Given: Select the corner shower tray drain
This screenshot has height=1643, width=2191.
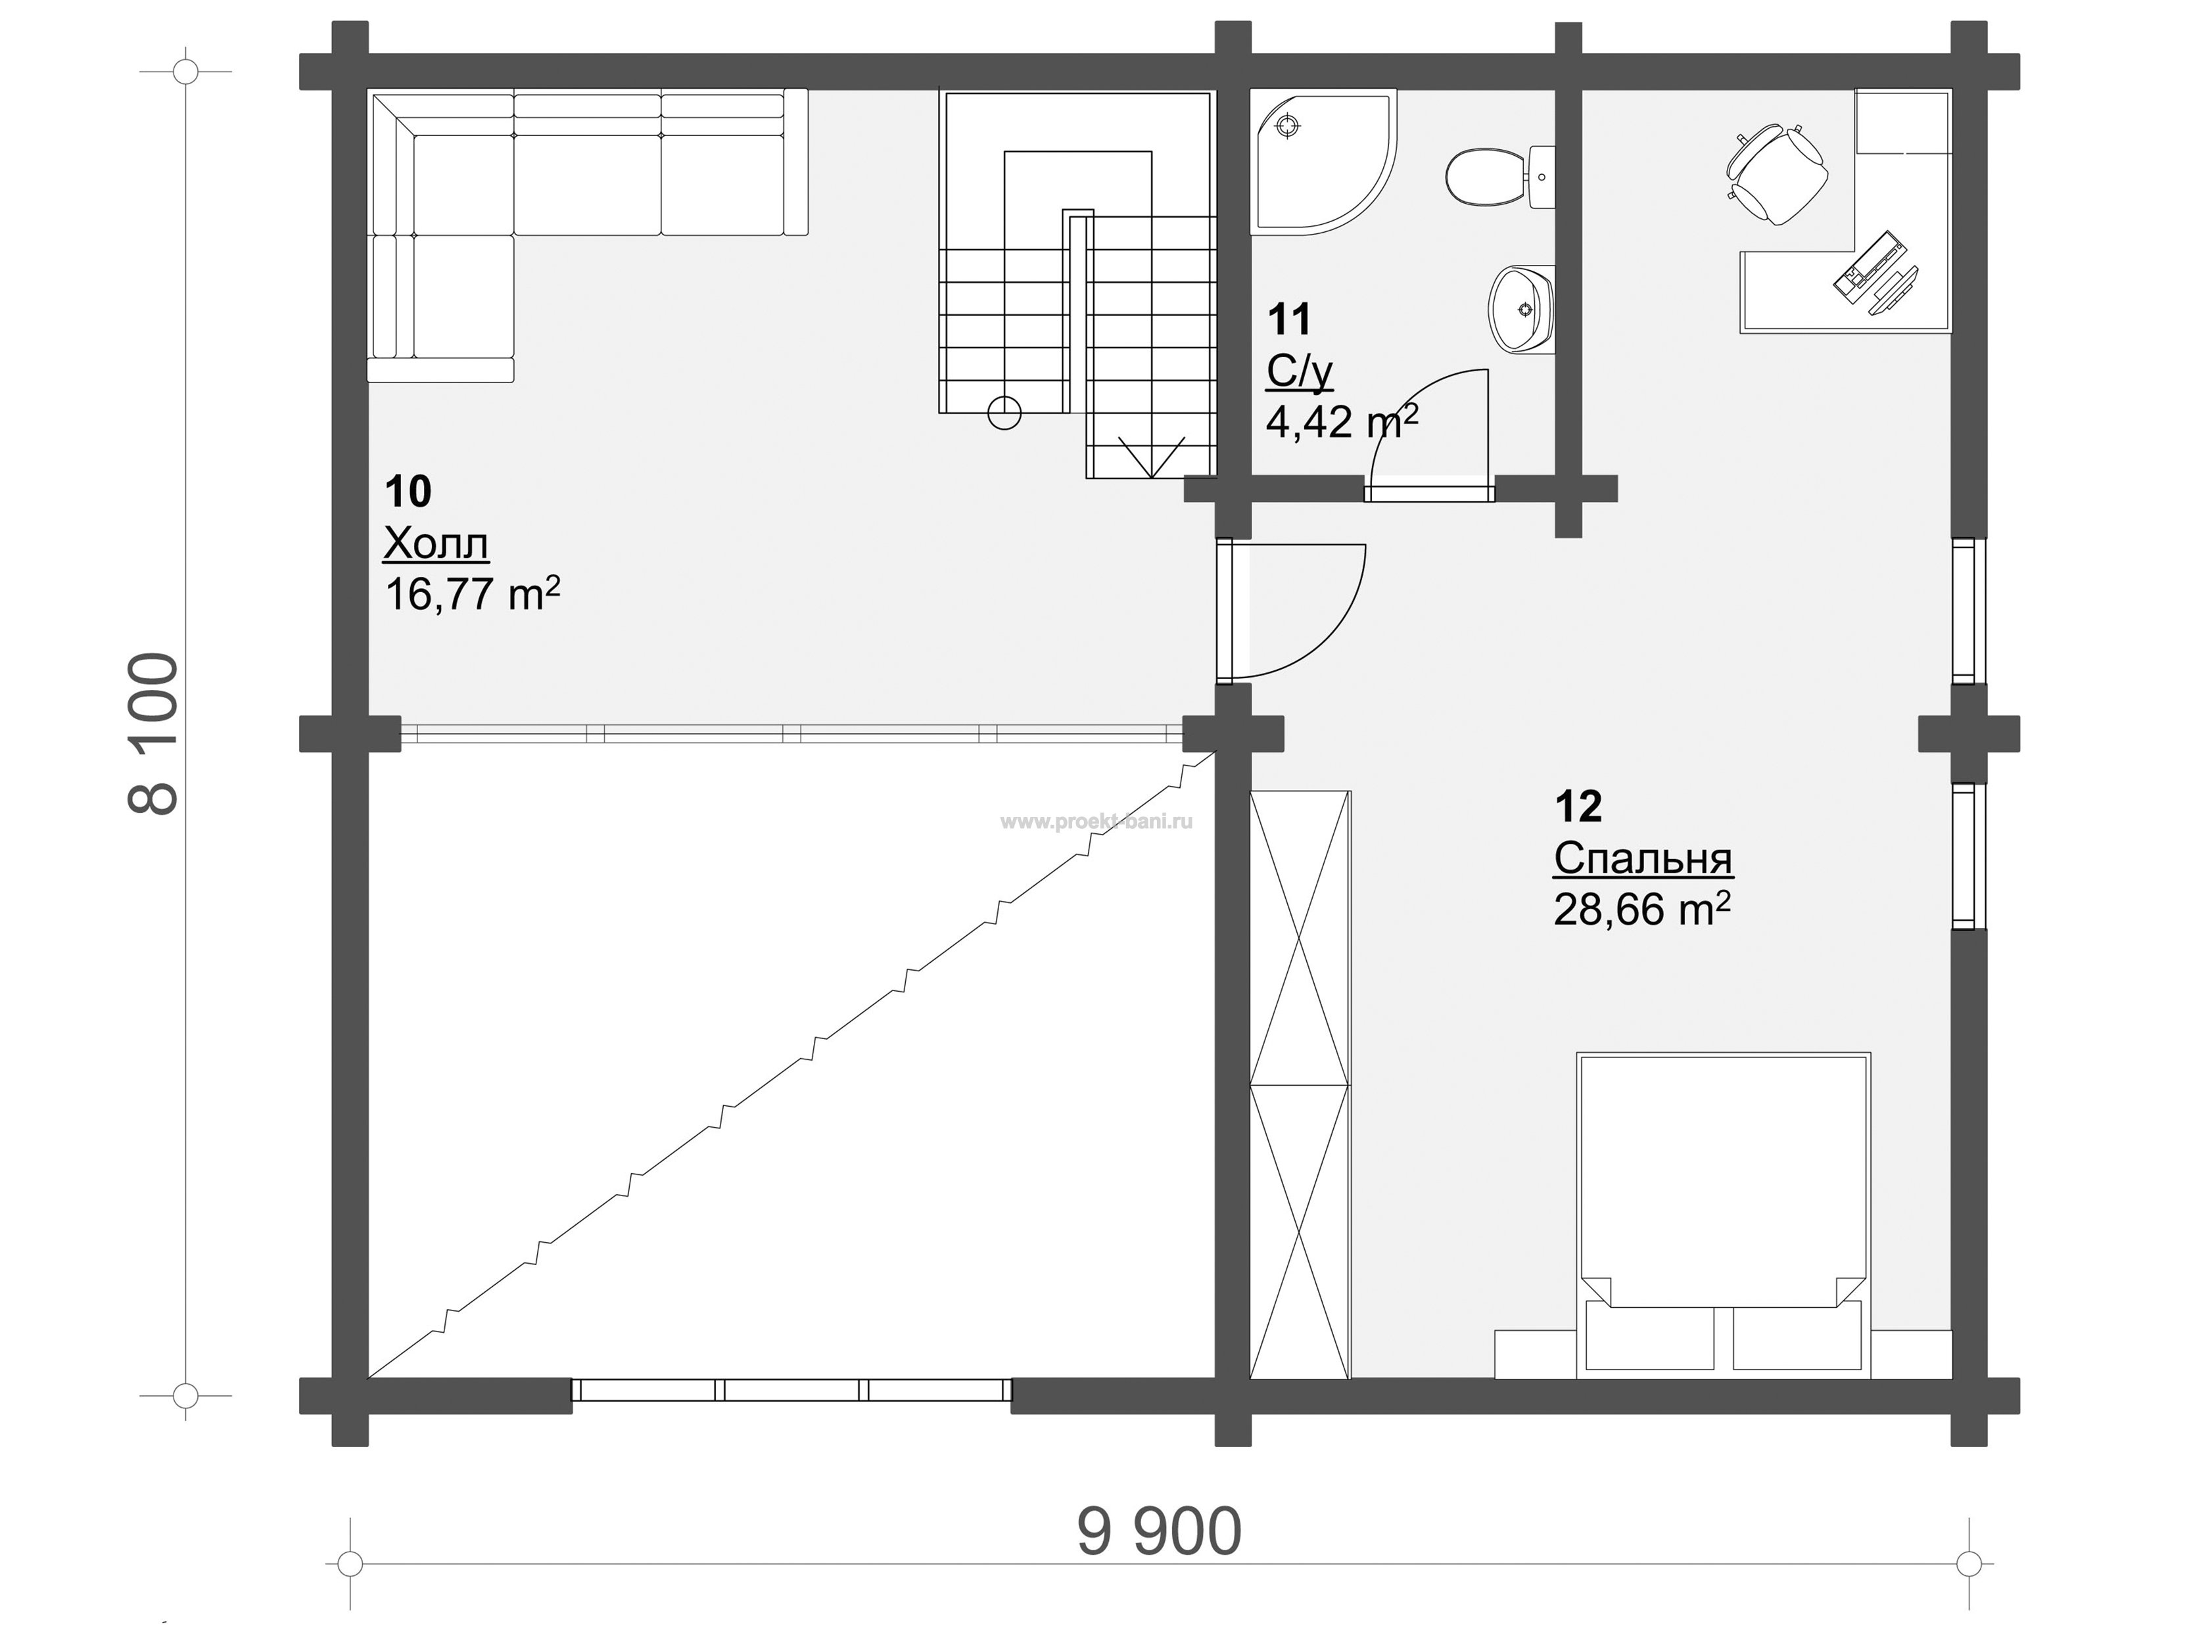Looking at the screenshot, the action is coord(1286,126).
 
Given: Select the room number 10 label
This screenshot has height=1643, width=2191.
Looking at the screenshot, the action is coord(408,490).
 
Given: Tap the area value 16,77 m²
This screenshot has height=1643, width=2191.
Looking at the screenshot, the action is coord(473,594).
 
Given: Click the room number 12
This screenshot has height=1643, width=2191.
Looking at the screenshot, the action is coord(1578,806).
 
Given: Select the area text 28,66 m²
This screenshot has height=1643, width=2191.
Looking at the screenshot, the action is coord(1642,909).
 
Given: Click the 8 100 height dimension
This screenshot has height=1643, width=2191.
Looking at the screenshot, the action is coord(154,733).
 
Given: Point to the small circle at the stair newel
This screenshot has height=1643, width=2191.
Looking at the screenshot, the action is coord(1004,413).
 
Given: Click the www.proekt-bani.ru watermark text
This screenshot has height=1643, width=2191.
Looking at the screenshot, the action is coord(1096,821).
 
